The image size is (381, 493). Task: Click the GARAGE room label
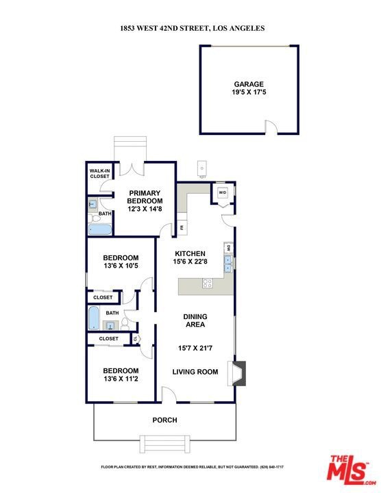[x=249, y=84]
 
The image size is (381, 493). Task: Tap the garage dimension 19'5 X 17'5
[x=249, y=92]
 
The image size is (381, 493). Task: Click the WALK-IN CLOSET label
[x=100, y=173]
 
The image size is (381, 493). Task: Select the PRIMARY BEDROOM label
[x=145, y=197]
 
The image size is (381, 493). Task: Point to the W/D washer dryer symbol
[x=223, y=192]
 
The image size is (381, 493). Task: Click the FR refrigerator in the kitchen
[x=182, y=226]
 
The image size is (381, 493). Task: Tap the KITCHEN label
[x=190, y=253]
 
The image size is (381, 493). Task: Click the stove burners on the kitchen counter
[x=208, y=283]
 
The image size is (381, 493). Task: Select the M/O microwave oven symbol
[x=228, y=248]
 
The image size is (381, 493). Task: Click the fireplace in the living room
[x=237, y=373]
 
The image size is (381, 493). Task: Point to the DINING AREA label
[x=195, y=320]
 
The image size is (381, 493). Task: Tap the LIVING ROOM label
[x=195, y=372]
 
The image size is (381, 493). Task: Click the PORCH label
[x=164, y=420]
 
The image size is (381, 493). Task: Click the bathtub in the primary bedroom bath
[x=100, y=229]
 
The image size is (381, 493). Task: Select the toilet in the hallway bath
[x=125, y=324]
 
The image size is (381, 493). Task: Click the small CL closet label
[x=135, y=339]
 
